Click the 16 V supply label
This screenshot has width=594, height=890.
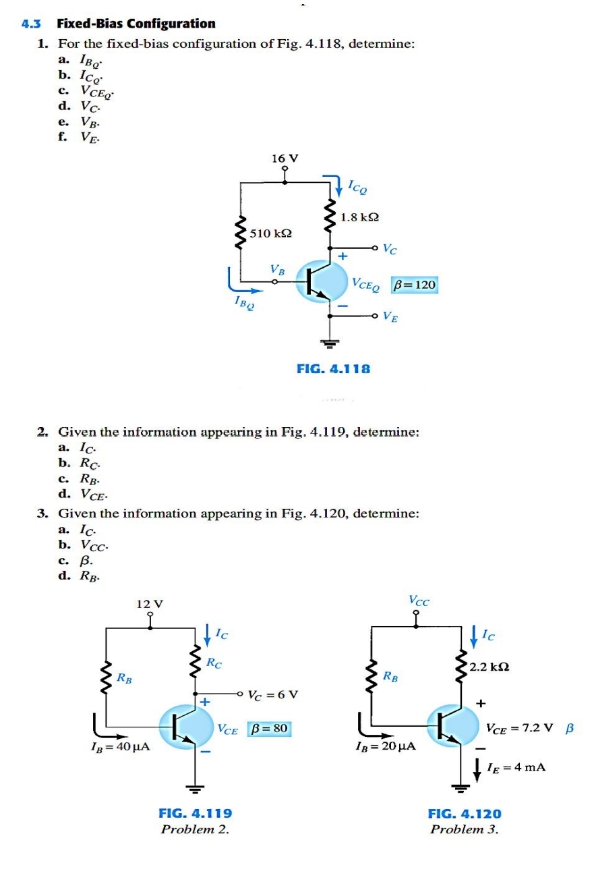285,159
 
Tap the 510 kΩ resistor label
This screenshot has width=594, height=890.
270,233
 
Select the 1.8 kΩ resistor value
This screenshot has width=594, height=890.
359,217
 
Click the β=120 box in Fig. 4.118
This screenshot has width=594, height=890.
415,285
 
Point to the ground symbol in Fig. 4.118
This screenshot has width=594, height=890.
329,344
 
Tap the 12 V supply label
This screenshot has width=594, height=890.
150,603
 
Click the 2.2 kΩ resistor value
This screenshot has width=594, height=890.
489,667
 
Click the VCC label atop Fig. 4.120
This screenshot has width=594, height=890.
418,599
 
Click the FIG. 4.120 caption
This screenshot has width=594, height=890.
465,814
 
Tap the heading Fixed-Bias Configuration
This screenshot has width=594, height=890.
136,24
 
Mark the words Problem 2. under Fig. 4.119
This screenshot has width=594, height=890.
195,829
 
